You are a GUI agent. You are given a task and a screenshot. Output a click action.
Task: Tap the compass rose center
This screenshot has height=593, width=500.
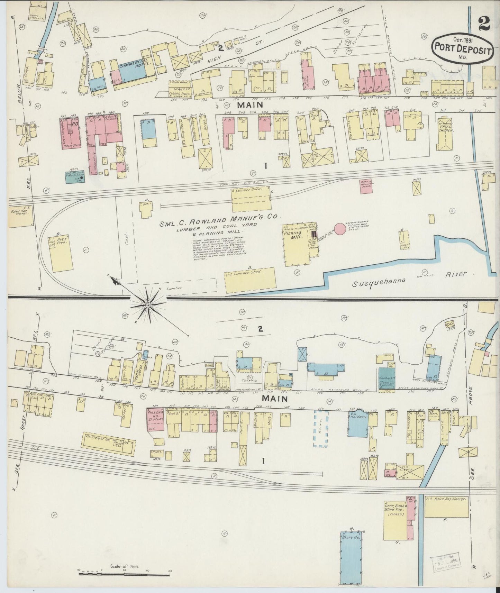tap(148, 305)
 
